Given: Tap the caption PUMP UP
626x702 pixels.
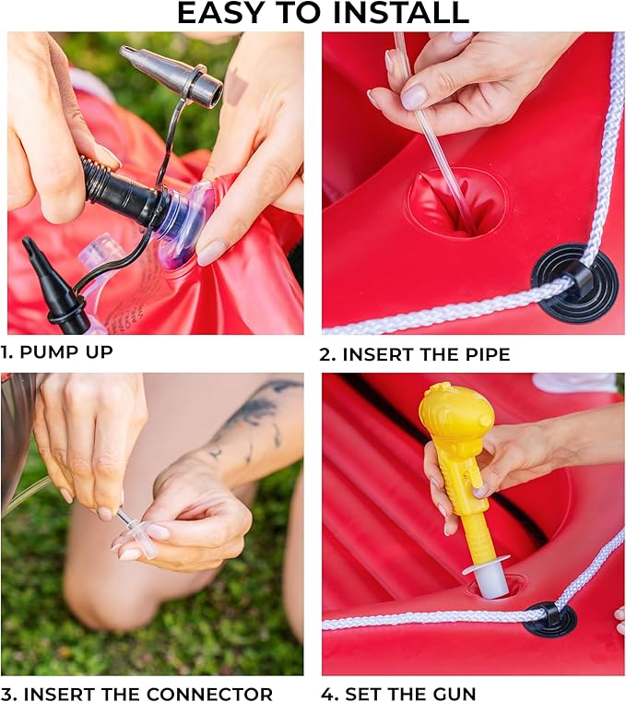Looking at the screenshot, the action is [x=66, y=351].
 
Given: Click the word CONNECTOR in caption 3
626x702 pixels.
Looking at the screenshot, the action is [x=209, y=694].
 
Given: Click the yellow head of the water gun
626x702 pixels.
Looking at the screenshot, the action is [x=456, y=413].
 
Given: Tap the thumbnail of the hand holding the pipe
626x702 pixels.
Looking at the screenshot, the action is [x=413, y=97].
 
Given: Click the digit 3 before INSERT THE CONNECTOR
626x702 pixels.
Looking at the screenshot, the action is [x=7, y=694].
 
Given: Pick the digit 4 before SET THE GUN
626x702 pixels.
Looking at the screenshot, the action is [x=328, y=694].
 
